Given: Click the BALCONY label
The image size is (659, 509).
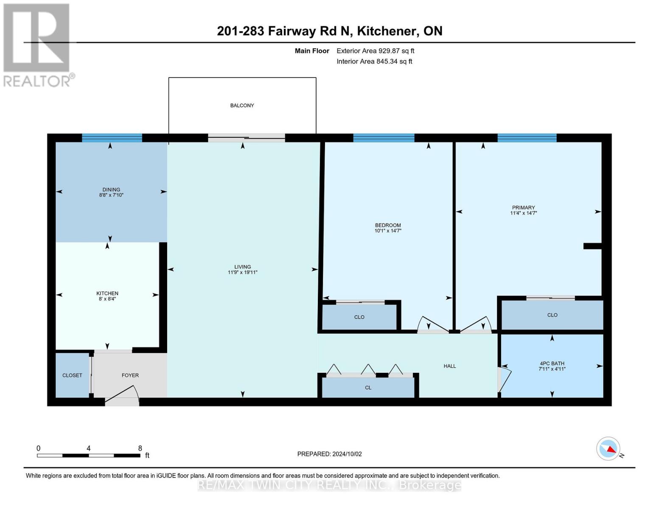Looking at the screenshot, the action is (242, 106).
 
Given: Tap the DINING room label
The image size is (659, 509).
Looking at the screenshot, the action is (111, 190).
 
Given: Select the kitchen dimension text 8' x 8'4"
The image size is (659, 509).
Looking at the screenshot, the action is (107, 299).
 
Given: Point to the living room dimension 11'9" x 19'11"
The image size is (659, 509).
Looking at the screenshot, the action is (242, 272).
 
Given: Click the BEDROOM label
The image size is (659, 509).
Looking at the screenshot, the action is (388, 225).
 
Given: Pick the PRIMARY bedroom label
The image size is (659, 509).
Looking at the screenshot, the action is (524, 208).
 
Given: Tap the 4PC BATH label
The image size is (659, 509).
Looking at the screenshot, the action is (552, 364).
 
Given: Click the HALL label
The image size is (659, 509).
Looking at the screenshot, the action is (449, 366).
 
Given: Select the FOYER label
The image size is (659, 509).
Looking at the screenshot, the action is (130, 375).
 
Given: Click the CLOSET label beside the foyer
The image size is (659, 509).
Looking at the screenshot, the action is (72, 375).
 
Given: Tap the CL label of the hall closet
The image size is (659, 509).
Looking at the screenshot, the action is (368, 388).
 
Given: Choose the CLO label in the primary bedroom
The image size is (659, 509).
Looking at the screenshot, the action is (552, 315).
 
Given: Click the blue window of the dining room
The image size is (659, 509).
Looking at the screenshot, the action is (112, 138).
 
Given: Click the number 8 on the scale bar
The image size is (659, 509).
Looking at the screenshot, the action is (140, 448).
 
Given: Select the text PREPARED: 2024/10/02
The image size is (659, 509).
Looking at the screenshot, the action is (329, 454).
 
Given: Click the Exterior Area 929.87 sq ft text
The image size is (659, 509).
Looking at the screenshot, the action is (375, 51).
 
